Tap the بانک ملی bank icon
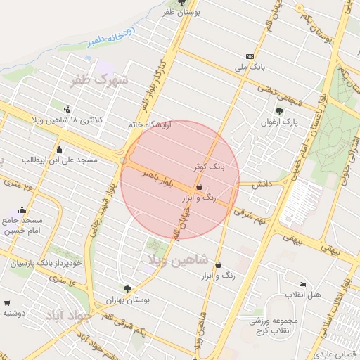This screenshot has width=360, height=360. (x=250, y=56)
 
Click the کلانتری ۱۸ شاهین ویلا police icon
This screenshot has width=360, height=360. (x=67, y=109)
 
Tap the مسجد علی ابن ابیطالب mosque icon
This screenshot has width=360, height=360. (x=58, y=149)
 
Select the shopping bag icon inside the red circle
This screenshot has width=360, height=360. (x=200, y=187)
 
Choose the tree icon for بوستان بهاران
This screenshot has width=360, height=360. (x=127, y=288)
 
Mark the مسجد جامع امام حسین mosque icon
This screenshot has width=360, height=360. (x=22, y=210)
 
